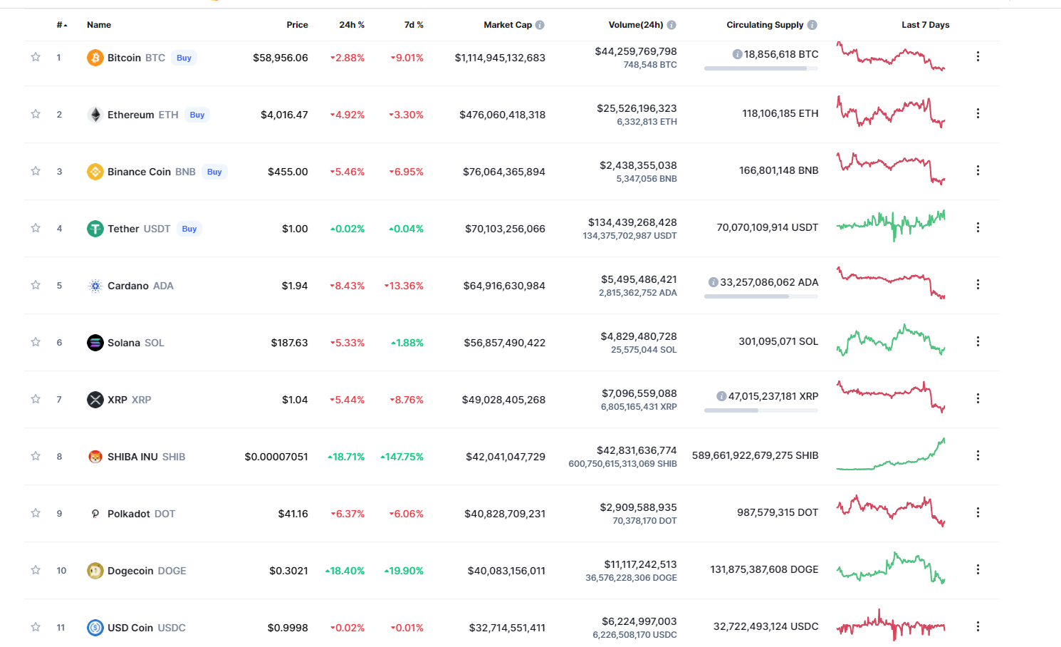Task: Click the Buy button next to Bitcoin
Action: (184, 58)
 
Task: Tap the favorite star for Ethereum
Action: (36, 114)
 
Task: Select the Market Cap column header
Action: (508, 25)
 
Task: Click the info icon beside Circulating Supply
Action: (812, 25)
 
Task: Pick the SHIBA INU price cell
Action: (276, 457)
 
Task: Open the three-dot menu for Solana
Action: (978, 341)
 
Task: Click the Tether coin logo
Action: (95, 229)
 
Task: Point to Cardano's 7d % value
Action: (404, 286)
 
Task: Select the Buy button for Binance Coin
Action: (214, 172)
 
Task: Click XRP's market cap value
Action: (503, 400)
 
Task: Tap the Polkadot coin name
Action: (128, 514)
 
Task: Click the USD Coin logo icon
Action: (95, 628)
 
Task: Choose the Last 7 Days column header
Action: (926, 25)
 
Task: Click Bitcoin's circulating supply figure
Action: (781, 54)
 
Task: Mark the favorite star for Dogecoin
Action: (36, 570)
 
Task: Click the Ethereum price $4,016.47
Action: (284, 115)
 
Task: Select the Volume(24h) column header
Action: (636, 25)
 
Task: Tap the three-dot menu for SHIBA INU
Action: (978, 455)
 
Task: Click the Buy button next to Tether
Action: (189, 229)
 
